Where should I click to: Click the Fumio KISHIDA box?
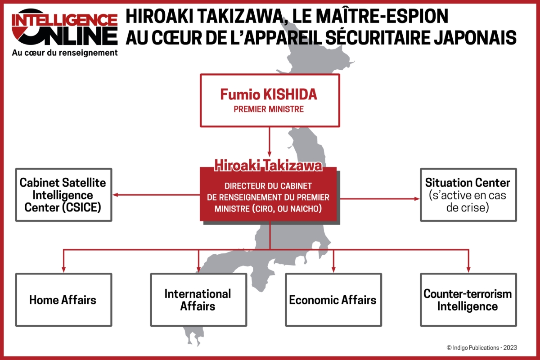[269, 100]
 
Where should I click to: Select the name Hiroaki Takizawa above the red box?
[268, 166]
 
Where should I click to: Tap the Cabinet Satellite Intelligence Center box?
[63, 195]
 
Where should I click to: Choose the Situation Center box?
[468, 195]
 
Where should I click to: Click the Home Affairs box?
[63, 300]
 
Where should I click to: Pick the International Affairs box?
[198, 300]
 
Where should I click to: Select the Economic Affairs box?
[333, 300]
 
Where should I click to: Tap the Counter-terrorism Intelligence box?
[468, 300]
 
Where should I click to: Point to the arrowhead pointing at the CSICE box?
[116, 195]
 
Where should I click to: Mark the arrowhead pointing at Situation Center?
[416, 198]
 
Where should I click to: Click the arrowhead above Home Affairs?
[63, 269]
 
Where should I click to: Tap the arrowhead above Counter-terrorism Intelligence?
[468, 269]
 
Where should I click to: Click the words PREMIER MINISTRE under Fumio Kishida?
[269, 109]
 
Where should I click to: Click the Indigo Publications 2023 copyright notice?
[481, 347]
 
